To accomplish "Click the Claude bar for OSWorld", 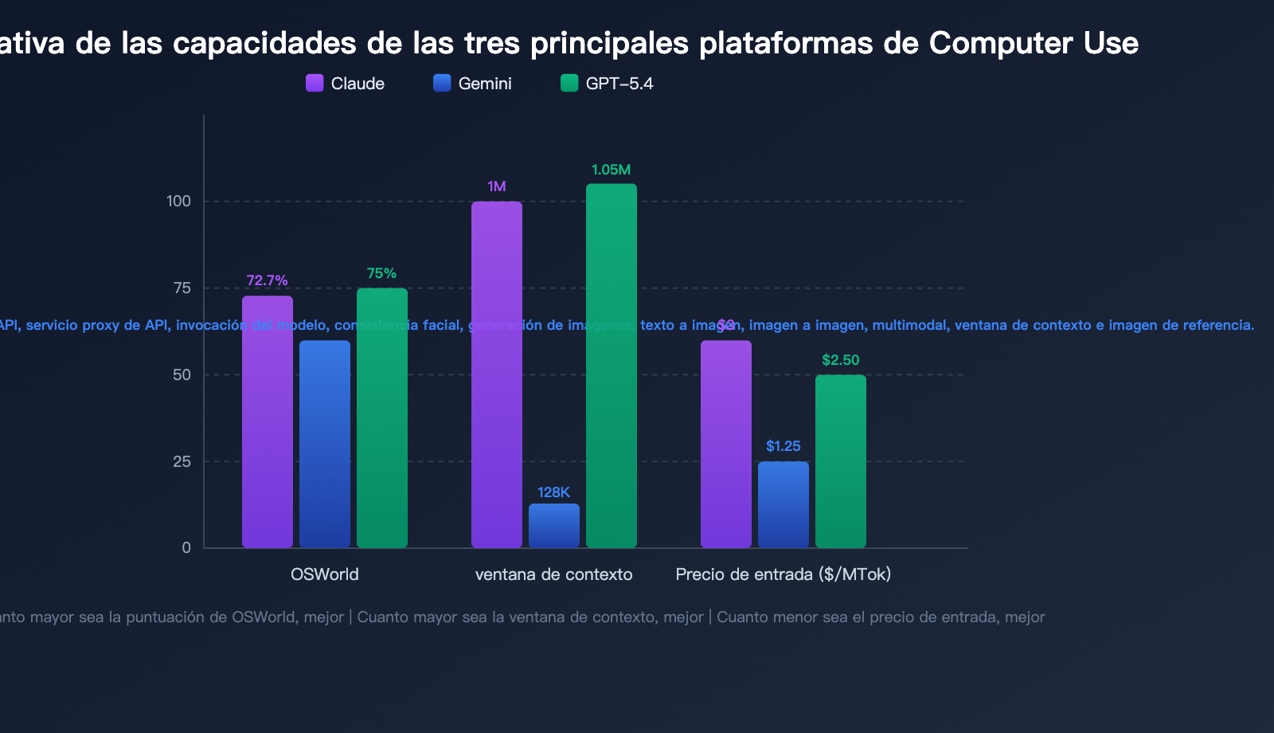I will tap(268, 422).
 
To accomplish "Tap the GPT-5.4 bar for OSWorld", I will tap(382, 418).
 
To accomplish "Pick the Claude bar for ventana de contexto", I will tap(497, 374).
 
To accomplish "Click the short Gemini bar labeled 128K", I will tap(554, 526).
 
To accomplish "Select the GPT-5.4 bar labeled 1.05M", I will tap(612, 366).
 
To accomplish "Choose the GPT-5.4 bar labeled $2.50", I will tap(841, 461).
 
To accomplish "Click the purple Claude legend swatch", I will tap(315, 83).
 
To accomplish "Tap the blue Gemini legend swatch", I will tap(442, 83).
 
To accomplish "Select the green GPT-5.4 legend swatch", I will tap(569, 83).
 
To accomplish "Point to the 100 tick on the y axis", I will tap(179, 201).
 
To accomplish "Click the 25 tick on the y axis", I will tap(182, 461).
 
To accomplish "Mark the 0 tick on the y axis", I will tap(186, 547).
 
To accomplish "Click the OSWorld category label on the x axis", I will tap(325, 574).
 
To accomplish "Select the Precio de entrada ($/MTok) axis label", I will tap(784, 574).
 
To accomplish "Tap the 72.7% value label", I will tap(267, 280).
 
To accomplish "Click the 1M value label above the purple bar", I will tap(497, 186).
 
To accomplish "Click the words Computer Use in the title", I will tap(1034, 43).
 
